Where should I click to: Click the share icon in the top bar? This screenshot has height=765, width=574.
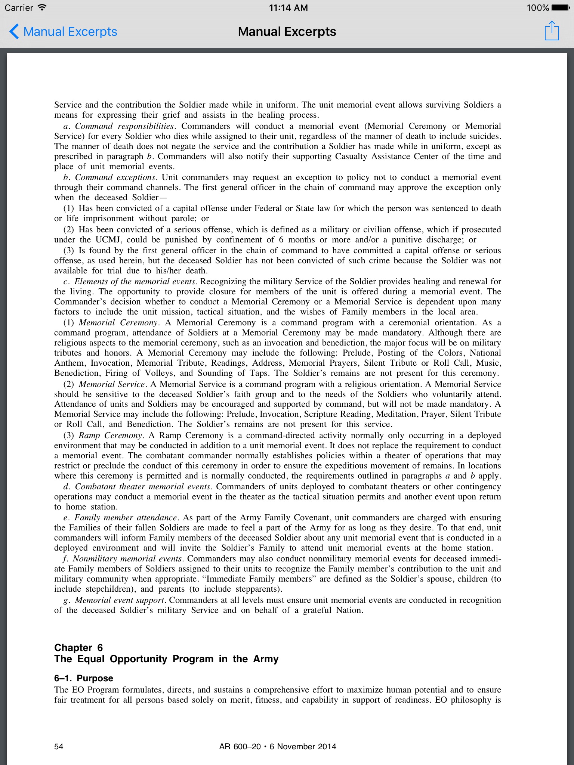tap(552, 31)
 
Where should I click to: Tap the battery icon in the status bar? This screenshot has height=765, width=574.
tap(561, 7)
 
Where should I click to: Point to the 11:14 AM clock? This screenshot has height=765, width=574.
tap(288, 7)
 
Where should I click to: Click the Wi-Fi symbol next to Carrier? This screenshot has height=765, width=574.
tap(42, 7)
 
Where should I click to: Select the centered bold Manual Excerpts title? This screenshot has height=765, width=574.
tap(287, 32)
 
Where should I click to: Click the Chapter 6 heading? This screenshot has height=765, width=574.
tap(78, 647)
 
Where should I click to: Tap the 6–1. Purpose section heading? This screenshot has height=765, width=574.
tap(84, 678)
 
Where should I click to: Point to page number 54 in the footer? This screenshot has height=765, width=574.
tap(59, 746)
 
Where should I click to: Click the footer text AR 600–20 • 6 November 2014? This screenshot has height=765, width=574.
tap(278, 746)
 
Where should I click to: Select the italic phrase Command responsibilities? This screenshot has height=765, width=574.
tap(124, 126)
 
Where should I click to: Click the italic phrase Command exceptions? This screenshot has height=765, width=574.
tap(115, 177)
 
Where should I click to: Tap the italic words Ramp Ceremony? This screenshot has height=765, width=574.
tap(110, 435)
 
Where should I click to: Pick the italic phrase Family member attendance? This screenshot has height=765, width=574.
tap(126, 517)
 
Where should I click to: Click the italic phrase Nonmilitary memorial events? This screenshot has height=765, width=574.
tap(127, 558)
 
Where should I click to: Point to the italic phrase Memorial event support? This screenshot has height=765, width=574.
tap(120, 600)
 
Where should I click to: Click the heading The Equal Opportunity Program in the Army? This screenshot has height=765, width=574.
tap(166, 659)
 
